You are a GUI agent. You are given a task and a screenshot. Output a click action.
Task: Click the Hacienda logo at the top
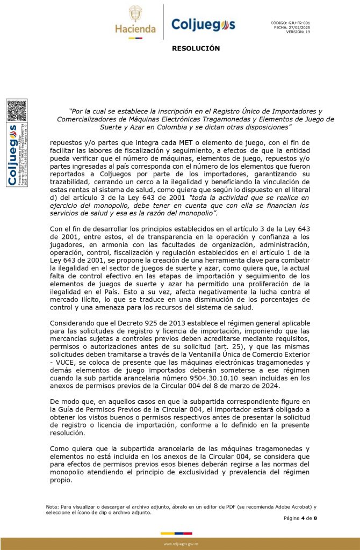pos(135,22)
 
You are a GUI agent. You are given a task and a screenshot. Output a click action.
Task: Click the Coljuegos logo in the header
pos(203,24)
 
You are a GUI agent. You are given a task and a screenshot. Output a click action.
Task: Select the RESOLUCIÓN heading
pos(196,48)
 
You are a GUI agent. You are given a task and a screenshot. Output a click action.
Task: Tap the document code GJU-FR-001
pos(299,23)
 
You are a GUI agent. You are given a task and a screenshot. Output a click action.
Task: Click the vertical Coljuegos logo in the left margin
pos(12,155)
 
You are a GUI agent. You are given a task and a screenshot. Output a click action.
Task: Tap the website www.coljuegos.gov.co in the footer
pos(181,544)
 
